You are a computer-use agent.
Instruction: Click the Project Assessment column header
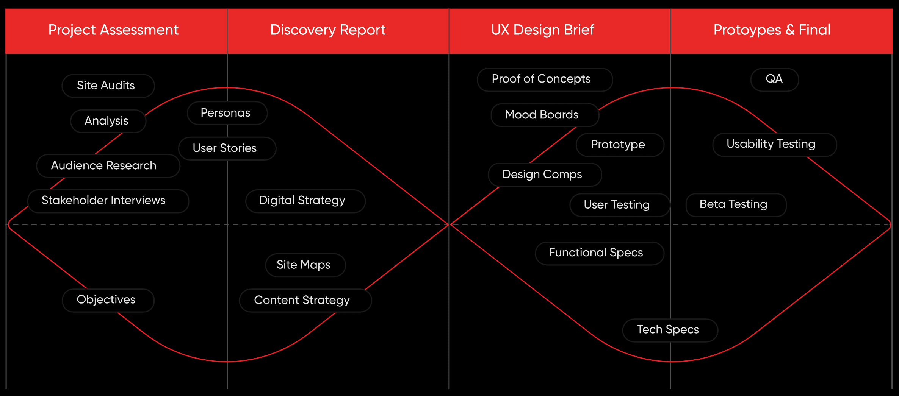113,30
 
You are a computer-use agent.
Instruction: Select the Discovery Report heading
328,30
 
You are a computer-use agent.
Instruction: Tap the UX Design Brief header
542,30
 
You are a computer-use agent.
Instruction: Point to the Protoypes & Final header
772,30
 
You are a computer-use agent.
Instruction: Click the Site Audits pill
108,86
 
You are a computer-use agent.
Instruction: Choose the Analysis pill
108,121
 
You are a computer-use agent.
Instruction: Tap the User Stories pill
227,148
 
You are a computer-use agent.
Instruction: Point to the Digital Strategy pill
305,201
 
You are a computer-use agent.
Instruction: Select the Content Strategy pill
305,301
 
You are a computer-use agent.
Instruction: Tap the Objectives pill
108,300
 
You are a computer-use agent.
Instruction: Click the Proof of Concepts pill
545,80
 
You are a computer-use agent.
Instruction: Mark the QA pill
774,80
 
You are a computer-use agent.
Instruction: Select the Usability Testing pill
774,145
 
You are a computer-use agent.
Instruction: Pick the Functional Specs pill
599,253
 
